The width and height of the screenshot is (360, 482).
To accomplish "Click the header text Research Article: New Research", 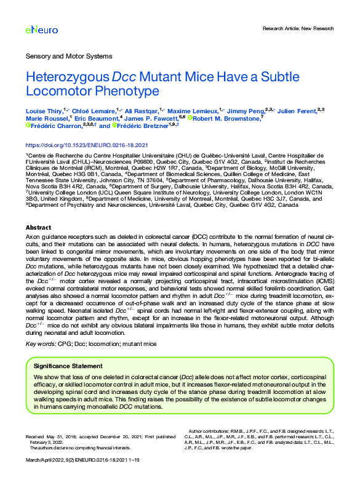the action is (298, 28).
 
